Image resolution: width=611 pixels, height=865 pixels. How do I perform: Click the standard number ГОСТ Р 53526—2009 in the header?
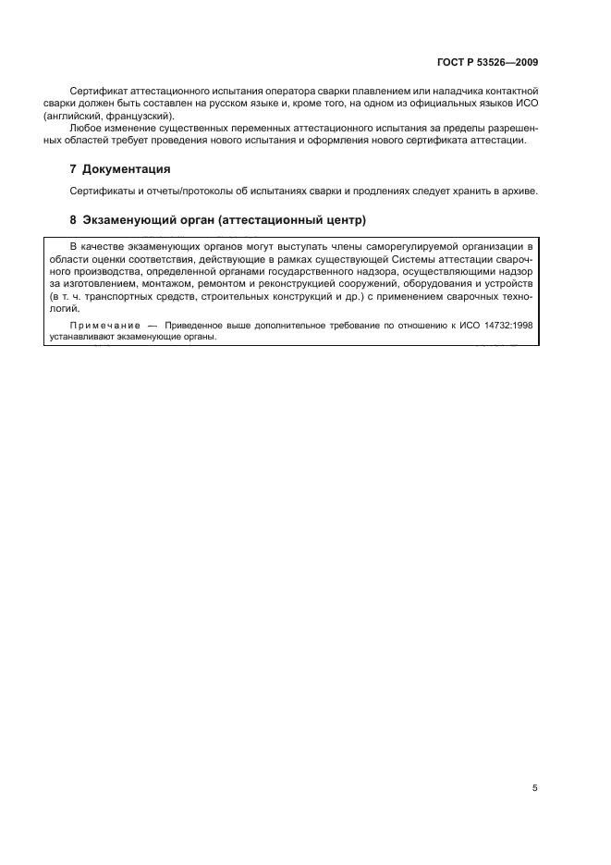[x=486, y=63]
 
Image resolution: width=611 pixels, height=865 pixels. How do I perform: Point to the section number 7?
[x=74, y=169]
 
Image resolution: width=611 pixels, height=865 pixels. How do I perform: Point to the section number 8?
[x=74, y=221]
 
